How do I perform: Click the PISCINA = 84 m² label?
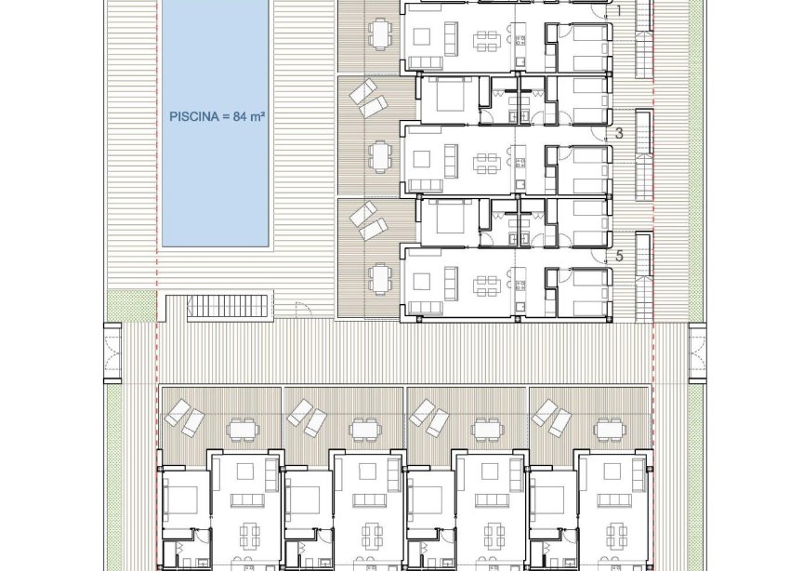[x=217, y=117]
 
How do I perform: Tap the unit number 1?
[x=619, y=11]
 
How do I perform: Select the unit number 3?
[x=619, y=134]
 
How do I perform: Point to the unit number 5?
[x=619, y=257]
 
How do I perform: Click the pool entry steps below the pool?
[x=229, y=307]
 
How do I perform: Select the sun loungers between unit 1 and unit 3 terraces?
[x=362, y=98]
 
